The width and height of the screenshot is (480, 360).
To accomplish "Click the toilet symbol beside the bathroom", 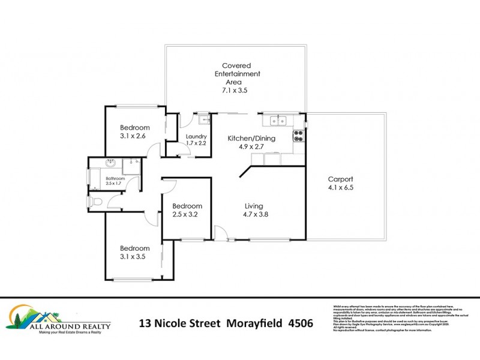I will click(x=94, y=202).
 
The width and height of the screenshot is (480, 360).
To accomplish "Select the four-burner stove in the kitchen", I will click(x=298, y=137).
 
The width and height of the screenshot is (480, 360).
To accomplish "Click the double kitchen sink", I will click(x=278, y=121).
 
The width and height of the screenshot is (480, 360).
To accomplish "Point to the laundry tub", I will click(x=203, y=119).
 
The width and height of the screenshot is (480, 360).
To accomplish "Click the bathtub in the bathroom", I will click(x=95, y=178).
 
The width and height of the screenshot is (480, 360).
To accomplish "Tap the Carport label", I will click(x=340, y=179).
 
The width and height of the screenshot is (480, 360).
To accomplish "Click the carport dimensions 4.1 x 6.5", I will click(x=340, y=188).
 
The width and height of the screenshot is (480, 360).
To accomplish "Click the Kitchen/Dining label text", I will click(x=251, y=139).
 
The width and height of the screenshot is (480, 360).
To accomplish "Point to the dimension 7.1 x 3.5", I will click(x=234, y=91).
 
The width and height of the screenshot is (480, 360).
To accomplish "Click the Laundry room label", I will click(x=196, y=136).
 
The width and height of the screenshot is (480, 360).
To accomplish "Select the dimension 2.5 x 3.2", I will click(x=185, y=214).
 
